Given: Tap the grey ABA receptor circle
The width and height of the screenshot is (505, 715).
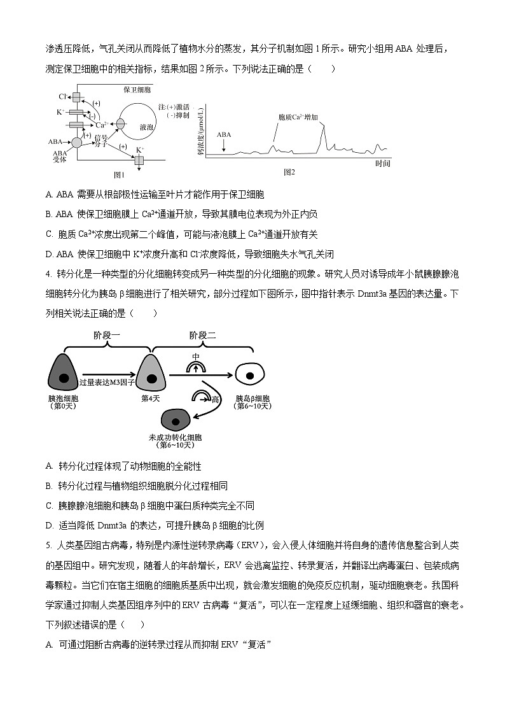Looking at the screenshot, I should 76,143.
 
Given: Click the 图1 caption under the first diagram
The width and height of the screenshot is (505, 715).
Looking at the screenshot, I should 119,174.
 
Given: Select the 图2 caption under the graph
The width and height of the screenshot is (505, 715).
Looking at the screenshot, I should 289,172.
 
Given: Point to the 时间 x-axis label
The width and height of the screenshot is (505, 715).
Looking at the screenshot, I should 382,164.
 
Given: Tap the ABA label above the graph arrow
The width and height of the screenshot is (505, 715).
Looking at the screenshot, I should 224,135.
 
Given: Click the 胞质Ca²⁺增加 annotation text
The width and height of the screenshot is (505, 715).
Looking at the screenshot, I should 298,118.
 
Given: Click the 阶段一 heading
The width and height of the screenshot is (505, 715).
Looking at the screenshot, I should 106,335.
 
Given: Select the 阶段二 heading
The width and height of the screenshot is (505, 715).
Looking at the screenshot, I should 202,335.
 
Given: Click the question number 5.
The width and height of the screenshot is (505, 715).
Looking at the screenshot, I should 48,545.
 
